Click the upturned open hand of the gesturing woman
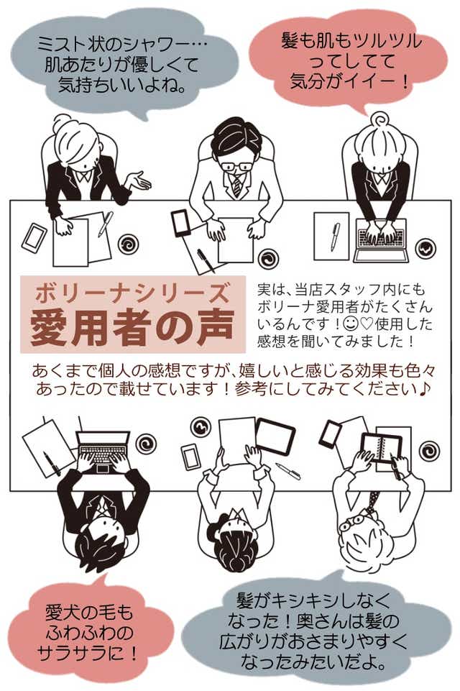click(x=138, y=180)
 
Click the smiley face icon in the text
click(x=351, y=324)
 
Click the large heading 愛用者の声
click(x=132, y=327)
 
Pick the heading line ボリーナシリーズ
click(x=132, y=293)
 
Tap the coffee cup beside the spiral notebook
click(x=428, y=450)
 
